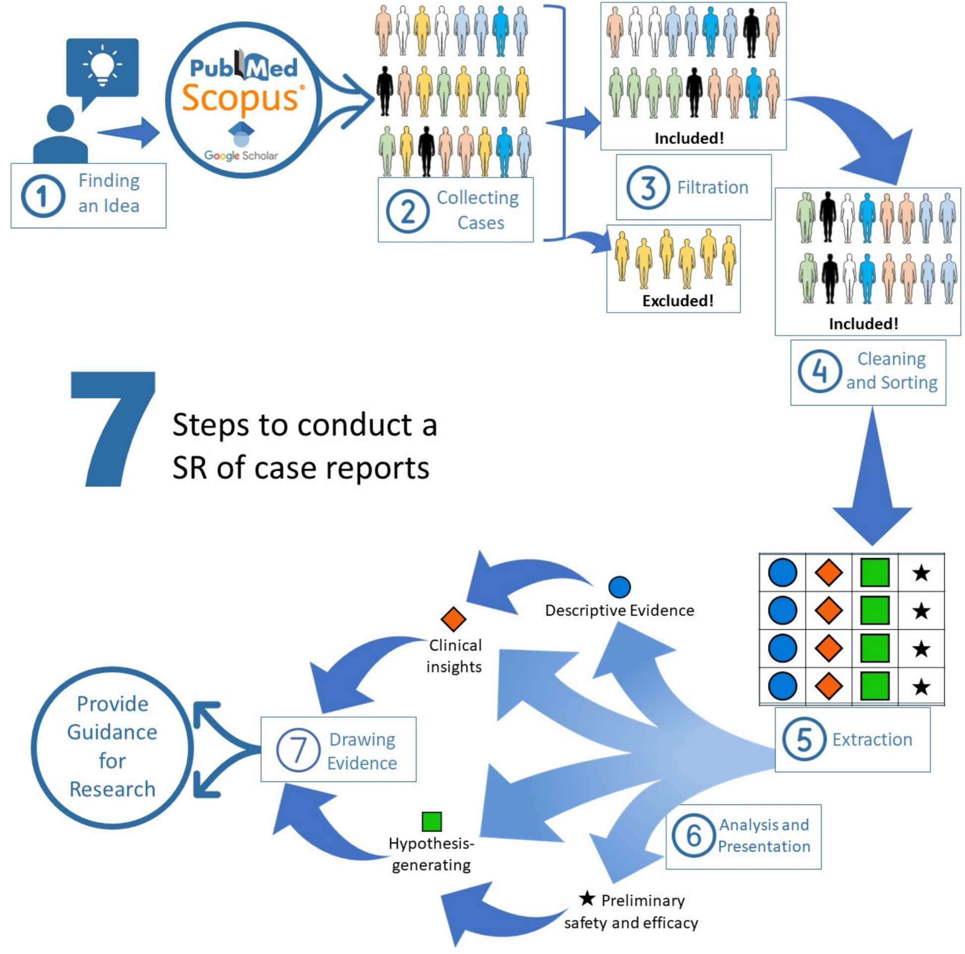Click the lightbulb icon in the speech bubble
click(103, 65)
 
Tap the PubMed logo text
click(243, 67)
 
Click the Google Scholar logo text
click(241, 156)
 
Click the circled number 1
click(43, 196)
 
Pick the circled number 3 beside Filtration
click(648, 188)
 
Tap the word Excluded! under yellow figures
click(677, 301)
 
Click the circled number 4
click(819, 371)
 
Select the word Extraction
click(871, 739)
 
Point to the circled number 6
click(693, 835)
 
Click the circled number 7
click(298, 750)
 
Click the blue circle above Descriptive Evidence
click(619, 587)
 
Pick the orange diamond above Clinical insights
click(454, 619)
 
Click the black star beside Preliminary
click(587, 899)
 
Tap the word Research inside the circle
click(112, 789)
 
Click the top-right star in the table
click(920, 573)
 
